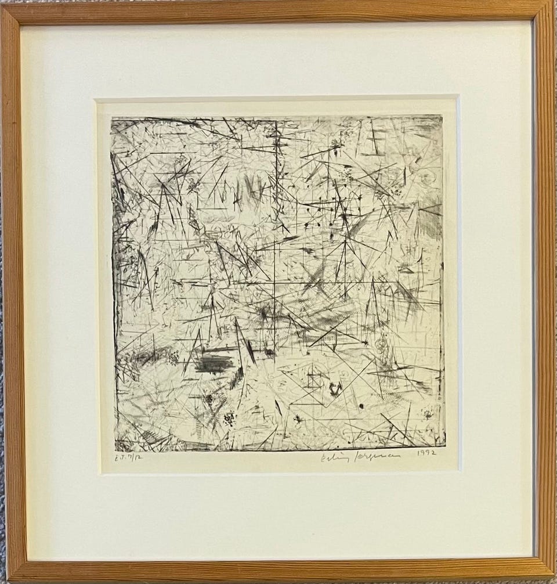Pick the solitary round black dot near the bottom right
click(x=361, y=406)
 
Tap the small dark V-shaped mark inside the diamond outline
click(x=334, y=387)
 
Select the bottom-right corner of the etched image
click(x=445, y=446)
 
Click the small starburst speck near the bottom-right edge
click(x=428, y=414)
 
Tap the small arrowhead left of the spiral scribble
click(x=364, y=344)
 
